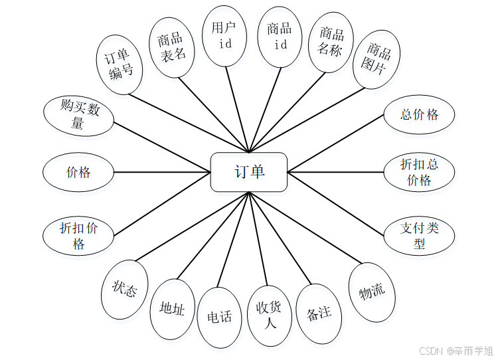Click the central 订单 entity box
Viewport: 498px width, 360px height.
click(248, 171)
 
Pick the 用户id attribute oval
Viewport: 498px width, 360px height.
click(224, 36)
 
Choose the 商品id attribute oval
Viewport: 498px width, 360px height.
click(280, 37)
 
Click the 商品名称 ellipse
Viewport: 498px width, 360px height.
click(331, 42)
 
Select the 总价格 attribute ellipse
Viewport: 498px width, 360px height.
click(419, 114)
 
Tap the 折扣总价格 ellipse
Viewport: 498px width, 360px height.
click(419, 172)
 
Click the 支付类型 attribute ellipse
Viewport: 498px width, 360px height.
click(419, 236)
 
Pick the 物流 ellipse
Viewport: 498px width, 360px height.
click(372, 292)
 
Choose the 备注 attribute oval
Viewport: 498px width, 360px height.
click(319, 314)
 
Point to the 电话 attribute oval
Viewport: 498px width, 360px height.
click(220, 317)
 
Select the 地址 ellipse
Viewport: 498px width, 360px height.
click(173, 308)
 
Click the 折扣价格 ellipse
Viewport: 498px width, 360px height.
click(78, 236)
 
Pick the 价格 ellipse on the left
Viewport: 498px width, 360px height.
click(78, 173)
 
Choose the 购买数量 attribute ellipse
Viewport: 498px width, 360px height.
click(78, 116)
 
